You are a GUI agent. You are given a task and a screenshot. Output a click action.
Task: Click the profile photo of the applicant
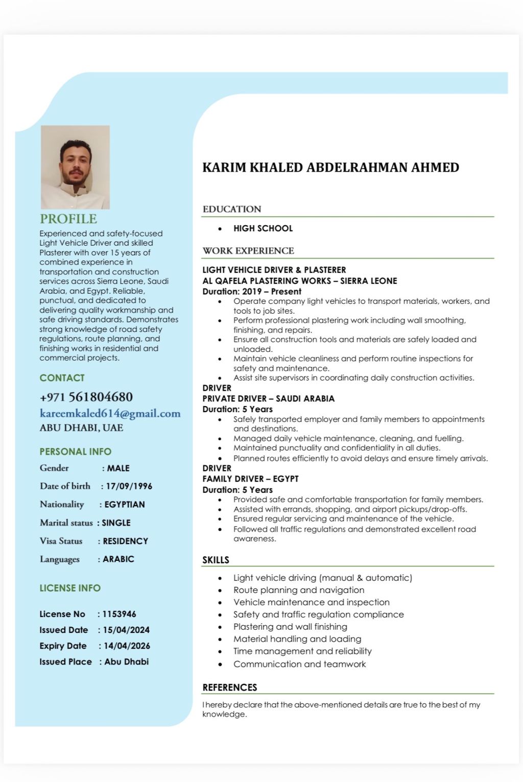(75, 167)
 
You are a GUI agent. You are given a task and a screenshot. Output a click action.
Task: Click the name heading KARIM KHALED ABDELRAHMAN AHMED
(330, 168)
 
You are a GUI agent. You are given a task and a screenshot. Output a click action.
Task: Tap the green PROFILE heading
(68, 219)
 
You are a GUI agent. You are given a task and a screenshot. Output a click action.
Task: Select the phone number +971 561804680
(86, 397)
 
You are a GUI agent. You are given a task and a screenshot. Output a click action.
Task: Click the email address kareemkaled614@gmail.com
(110, 413)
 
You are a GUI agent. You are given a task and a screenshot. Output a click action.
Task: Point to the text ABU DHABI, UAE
(81, 428)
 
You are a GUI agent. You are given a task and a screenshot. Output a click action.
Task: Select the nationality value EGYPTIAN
(125, 505)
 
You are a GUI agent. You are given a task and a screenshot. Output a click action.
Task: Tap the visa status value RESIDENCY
(125, 541)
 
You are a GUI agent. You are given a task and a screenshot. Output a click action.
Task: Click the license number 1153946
(119, 614)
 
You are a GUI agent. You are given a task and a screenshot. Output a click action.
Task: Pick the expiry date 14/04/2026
(127, 646)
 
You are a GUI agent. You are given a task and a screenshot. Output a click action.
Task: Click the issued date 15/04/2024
(126, 630)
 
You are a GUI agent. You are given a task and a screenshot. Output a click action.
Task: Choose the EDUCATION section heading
(232, 209)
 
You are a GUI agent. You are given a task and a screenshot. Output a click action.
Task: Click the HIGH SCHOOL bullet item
(263, 228)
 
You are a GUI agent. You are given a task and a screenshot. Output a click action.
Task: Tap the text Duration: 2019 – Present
(252, 291)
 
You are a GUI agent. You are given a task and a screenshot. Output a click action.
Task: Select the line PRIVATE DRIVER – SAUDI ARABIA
(268, 398)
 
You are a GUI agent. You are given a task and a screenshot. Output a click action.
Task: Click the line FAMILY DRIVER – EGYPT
(250, 479)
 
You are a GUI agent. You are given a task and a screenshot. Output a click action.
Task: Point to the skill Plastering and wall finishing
(290, 627)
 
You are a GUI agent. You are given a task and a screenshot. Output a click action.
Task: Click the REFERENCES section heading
(229, 687)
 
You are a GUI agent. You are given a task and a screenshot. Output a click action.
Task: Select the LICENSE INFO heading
(70, 588)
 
